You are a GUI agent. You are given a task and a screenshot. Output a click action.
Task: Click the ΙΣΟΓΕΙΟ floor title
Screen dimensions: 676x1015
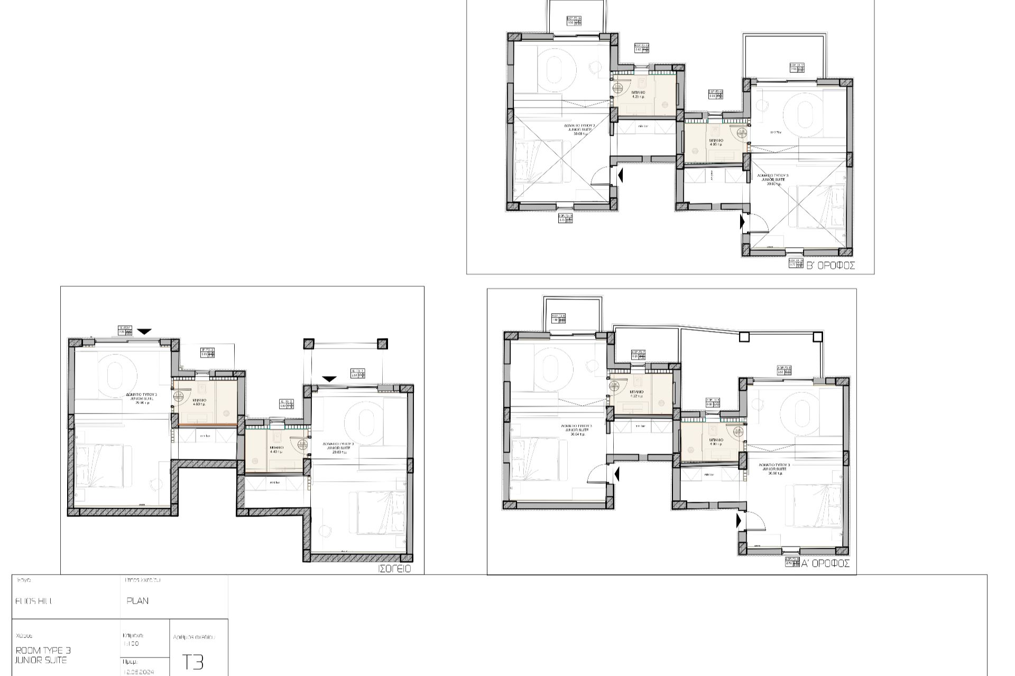click(x=394, y=569)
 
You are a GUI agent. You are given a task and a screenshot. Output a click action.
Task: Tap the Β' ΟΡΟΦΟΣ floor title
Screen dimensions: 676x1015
click(x=830, y=266)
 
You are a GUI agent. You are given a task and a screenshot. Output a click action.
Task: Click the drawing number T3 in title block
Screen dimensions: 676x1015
click(x=192, y=662)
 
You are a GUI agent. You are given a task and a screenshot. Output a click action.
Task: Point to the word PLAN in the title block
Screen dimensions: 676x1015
click(x=137, y=600)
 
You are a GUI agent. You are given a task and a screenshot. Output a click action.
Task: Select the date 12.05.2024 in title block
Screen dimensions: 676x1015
click(x=139, y=672)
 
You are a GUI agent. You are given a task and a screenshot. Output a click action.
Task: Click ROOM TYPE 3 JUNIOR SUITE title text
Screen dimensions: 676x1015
click(x=43, y=655)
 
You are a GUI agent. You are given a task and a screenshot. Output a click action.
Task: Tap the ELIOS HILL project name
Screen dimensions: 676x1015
click(x=34, y=601)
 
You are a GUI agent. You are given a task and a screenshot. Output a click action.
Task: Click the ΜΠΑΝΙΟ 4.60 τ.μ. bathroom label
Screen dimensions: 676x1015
click(x=199, y=402)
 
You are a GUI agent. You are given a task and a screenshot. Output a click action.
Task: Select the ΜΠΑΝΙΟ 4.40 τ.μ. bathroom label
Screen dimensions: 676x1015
click(x=276, y=449)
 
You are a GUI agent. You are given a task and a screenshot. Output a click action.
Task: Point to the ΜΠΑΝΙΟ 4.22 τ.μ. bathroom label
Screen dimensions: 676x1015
click(x=636, y=393)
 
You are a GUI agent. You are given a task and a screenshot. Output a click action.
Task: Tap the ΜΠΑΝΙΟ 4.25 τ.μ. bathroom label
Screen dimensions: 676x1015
click(x=638, y=95)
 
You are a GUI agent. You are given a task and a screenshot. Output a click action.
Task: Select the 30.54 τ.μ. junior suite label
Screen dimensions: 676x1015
click(x=577, y=430)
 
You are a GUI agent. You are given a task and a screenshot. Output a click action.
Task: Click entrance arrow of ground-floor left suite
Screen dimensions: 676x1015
click(x=144, y=332)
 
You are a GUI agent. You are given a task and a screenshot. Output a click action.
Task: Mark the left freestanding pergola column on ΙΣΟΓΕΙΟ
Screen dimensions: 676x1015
click(x=309, y=344)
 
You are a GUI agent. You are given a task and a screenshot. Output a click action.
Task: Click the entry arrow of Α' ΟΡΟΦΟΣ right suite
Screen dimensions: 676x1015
click(x=739, y=521)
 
